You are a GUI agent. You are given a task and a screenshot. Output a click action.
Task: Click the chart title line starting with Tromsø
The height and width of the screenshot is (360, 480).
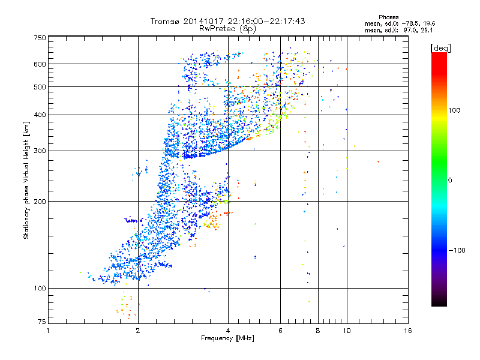click(228, 21)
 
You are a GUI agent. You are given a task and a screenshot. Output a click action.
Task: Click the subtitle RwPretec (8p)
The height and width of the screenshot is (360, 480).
click(228, 28)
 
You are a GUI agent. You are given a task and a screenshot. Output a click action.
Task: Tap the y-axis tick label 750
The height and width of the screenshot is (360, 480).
click(40, 38)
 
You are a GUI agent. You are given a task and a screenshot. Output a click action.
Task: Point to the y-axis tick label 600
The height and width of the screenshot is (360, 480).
click(40, 64)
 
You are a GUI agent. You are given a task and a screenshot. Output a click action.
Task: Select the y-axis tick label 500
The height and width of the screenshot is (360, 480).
click(40, 87)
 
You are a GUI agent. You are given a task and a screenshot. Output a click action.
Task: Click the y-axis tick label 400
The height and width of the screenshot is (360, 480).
click(40, 115)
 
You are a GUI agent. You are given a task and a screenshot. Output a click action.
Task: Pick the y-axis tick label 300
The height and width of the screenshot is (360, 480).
click(40, 151)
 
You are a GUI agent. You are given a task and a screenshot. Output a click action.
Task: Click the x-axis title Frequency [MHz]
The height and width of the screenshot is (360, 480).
click(227, 339)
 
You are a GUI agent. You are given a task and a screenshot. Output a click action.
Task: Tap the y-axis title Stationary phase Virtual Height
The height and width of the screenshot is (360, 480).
click(26, 180)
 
